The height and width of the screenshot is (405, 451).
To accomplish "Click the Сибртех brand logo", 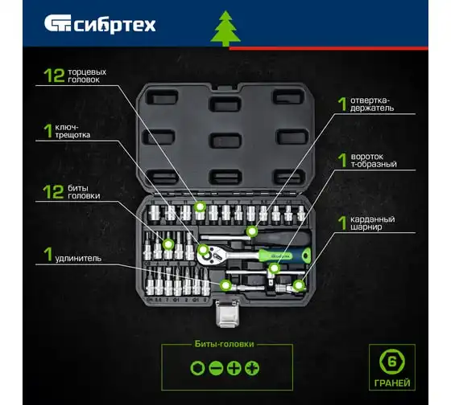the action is click(x=100, y=24).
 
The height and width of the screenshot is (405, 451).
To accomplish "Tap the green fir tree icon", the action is click(x=225, y=28).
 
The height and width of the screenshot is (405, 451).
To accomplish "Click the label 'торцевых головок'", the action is click(x=87, y=76).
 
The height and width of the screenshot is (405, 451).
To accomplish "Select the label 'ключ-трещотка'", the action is click(x=72, y=131).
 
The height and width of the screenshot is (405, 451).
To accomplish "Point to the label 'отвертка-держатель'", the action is click(x=372, y=104).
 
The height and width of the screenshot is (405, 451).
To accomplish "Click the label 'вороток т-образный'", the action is click(x=374, y=161).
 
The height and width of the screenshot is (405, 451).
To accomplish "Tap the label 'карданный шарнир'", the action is click(x=372, y=223).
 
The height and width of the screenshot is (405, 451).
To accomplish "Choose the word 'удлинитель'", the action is click(x=78, y=258).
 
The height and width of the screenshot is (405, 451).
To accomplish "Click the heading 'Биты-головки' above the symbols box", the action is click(x=225, y=344).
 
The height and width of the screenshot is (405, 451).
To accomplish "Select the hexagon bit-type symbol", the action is click(x=197, y=368).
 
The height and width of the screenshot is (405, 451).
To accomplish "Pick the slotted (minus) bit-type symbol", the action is click(x=216, y=368).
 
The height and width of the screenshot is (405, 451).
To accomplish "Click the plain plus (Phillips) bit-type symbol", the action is click(x=234, y=368).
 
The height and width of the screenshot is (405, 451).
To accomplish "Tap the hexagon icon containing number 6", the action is click(x=391, y=362).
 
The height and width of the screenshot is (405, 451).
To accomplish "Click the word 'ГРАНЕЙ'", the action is click(x=392, y=382).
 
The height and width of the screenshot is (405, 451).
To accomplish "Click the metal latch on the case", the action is click(x=227, y=313).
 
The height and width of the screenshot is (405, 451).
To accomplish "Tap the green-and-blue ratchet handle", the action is click(x=285, y=256).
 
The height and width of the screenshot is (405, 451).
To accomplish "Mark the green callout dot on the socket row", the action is click(x=200, y=207).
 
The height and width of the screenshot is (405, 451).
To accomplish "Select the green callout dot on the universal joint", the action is click(x=299, y=285).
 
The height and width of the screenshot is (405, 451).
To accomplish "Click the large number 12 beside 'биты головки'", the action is click(x=53, y=192).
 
